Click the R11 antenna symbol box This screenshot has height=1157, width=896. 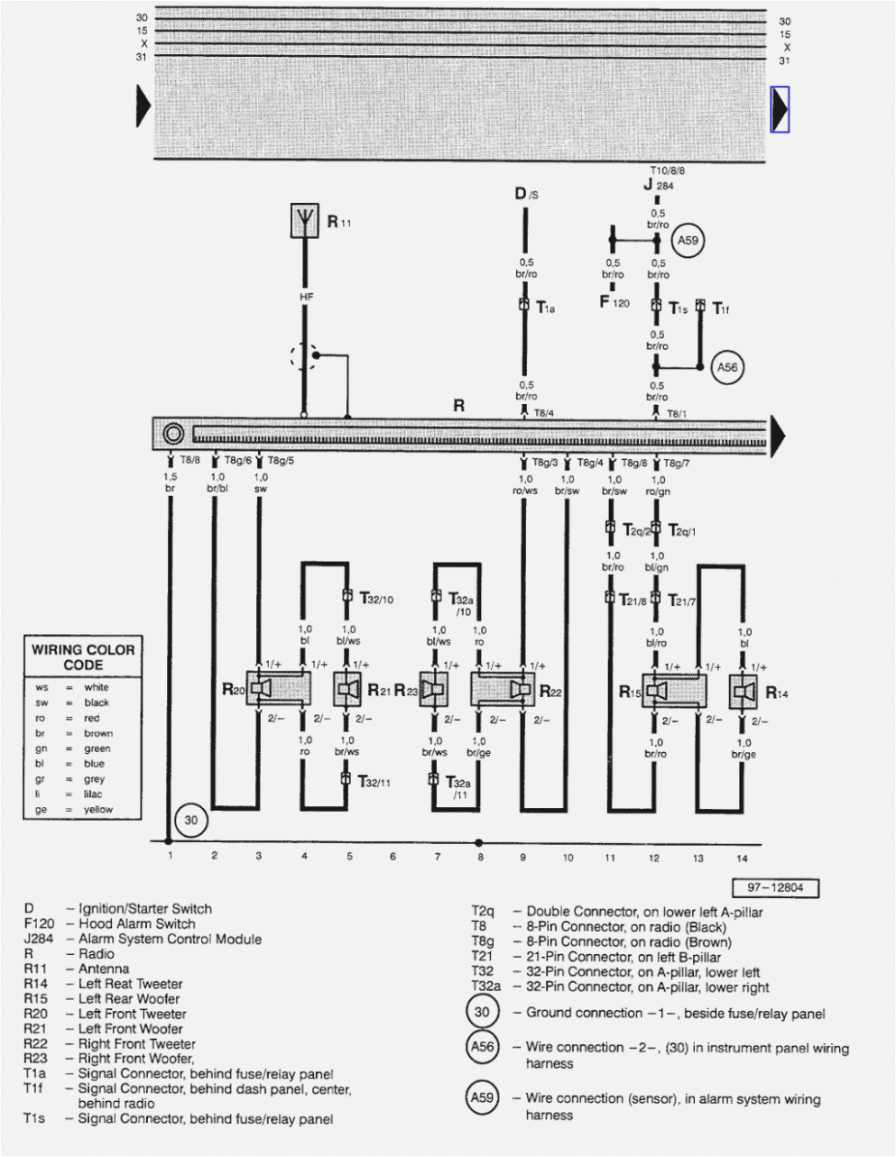305,221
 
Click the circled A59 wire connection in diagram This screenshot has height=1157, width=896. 688,241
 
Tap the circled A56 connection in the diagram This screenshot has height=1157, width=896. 727,367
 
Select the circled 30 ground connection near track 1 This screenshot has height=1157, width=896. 190,821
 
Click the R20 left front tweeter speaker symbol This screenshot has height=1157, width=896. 262,690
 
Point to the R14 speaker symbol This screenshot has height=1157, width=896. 744,692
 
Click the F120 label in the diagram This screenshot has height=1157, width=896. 614,303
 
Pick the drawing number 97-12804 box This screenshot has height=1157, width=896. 775,888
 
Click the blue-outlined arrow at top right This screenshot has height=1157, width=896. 780,109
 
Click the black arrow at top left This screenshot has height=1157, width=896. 143,106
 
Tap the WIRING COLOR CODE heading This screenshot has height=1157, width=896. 83,657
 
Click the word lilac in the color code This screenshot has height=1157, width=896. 94,794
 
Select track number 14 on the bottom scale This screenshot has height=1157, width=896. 743,859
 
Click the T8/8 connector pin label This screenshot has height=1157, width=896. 189,460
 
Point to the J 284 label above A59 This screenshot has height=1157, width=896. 659,186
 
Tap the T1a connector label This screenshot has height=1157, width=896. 545,308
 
